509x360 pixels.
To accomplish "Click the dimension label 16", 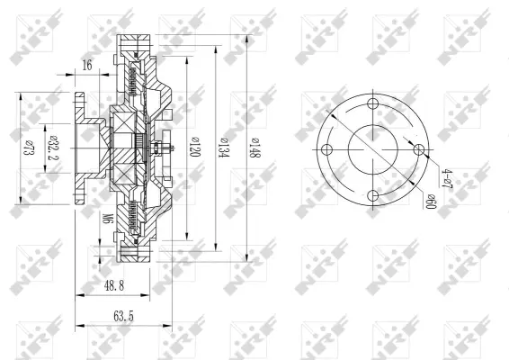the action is (x=87, y=65).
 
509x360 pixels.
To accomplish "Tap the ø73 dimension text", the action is (x=28, y=148).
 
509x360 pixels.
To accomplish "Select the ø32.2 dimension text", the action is (x=52, y=148).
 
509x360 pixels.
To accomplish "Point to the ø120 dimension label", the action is (x=194, y=147).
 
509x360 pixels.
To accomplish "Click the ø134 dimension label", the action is (x=224, y=148).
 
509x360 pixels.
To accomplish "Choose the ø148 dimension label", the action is (x=254, y=148).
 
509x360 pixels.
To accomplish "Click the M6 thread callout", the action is (x=107, y=219).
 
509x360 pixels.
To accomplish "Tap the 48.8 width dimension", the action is (x=114, y=286).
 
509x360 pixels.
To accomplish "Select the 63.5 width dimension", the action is (x=123, y=316).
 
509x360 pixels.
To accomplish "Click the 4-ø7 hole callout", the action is (x=448, y=178).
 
